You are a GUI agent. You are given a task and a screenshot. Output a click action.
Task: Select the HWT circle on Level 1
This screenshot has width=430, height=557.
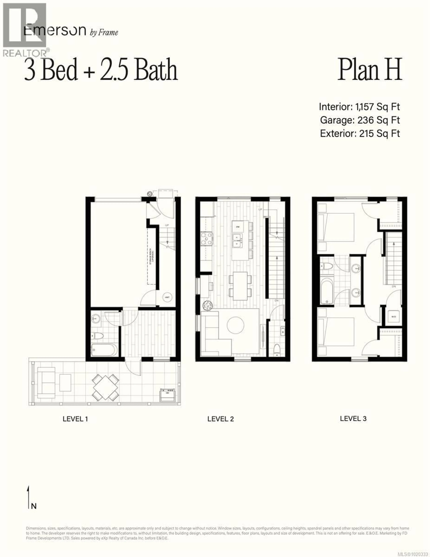(x=167, y=297)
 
